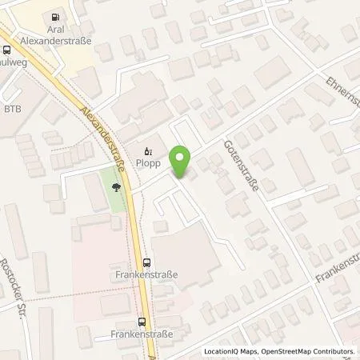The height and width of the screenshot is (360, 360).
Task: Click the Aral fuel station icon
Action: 55,17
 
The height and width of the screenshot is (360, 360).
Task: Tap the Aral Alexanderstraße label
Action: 55,34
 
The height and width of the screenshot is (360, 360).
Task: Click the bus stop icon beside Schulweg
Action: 7,49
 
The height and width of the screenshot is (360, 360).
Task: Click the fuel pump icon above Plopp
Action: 147,150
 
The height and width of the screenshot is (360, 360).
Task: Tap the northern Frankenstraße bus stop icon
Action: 146,262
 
